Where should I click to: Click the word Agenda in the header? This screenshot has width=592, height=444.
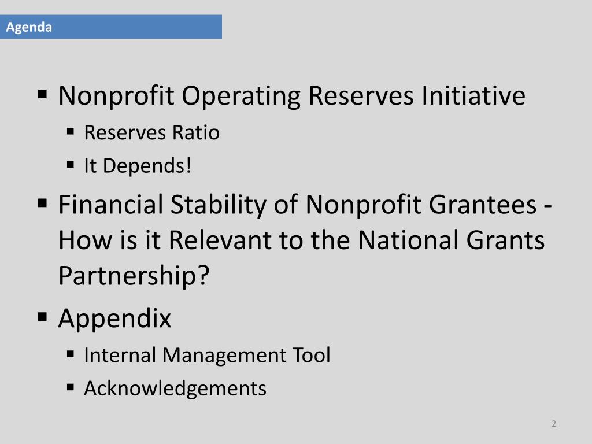coord(29,27)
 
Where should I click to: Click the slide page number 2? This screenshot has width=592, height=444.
coord(553,424)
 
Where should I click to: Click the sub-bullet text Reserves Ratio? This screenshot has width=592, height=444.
coord(151,133)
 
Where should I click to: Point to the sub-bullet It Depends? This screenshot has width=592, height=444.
coord(137,166)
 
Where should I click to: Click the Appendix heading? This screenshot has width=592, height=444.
coord(114,319)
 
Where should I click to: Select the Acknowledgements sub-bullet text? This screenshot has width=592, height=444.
coord(175,388)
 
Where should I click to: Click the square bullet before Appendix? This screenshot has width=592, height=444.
coord(43,317)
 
